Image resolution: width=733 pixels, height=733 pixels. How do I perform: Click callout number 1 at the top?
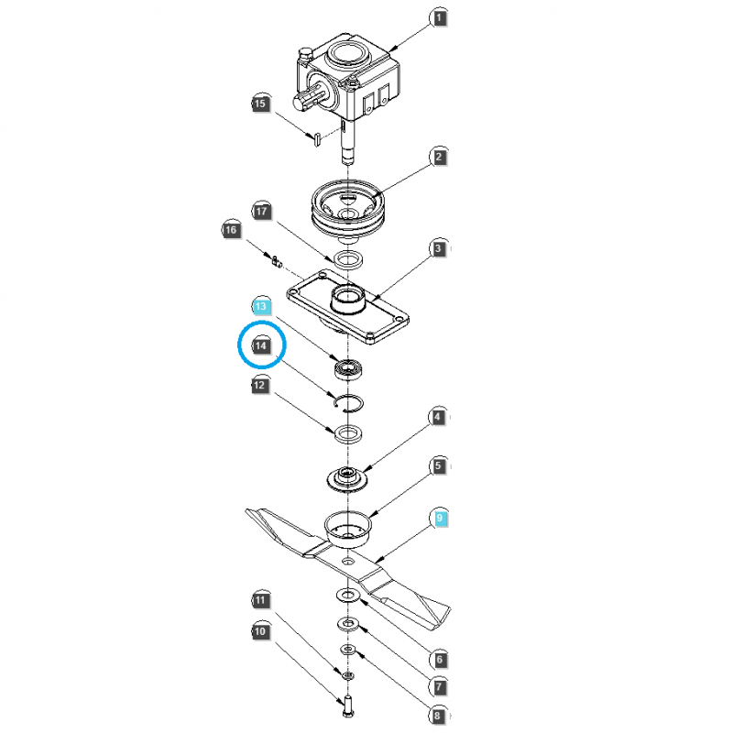pos(439,17)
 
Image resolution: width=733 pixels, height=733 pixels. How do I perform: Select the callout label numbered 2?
pos(439,158)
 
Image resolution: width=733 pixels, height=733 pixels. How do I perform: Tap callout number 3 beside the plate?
pos(439,248)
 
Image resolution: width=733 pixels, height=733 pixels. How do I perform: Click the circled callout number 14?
pos(262,345)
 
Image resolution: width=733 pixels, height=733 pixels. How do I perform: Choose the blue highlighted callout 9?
pos(439,519)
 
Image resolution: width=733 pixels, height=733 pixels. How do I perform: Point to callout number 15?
pos(260,104)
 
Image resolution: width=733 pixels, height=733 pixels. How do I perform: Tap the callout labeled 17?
pos(262,212)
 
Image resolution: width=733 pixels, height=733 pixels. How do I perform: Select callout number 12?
pos(262,386)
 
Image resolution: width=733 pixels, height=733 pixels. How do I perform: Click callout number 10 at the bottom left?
pos(260,631)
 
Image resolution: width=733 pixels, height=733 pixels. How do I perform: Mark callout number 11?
pos(260,600)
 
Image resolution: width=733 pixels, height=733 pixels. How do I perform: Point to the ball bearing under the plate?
pos(348,370)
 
